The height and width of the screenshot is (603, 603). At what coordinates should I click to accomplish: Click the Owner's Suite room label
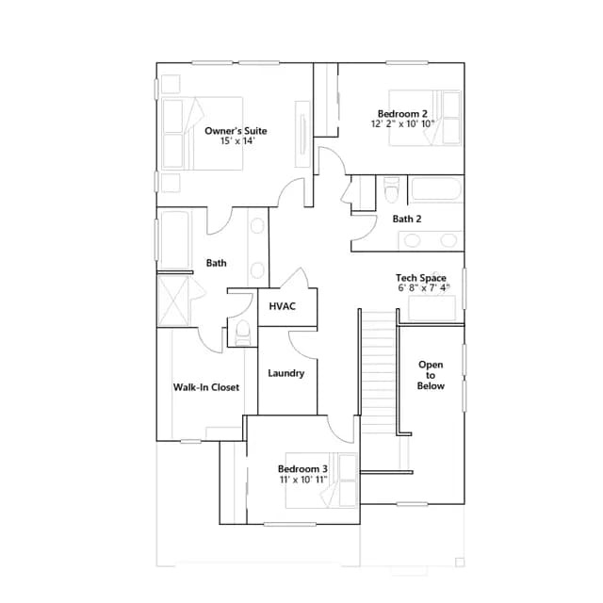pyautogui.click(x=236, y=131)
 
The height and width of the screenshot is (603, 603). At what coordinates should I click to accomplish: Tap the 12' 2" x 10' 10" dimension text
pyautogui.click(x=402, y=123)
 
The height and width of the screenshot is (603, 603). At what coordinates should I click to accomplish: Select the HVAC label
pyautogui.click(x=283, y=306)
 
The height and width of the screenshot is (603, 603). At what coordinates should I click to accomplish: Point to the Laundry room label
pyautogui.click(x=286, y=373)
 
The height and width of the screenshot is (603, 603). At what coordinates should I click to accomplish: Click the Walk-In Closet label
pyautogui.click(x=206, y=387)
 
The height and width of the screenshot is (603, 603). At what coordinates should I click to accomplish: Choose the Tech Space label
pyautogui.click(x=421, y=278)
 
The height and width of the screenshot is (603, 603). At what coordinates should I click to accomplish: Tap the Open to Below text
pyautogui.click(x=431, y=375)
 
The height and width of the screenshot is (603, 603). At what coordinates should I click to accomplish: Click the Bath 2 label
pyautogui.click(x=407, y=219)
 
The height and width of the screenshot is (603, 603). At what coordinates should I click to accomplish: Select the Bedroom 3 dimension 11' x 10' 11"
pyautogui.click(x=303, y=480)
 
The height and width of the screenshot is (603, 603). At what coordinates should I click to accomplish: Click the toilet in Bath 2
pyautogui.click(x=392, y=189)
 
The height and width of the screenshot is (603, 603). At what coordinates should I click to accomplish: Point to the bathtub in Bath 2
pyautogui.click(x=435, y=189)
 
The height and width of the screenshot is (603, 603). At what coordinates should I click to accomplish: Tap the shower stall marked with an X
pyautogui.click(x=173, y=301)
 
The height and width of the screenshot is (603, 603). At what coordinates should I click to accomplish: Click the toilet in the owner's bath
pyautogui.click(x=242, y=333)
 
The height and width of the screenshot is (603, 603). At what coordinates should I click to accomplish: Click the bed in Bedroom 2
pyautogui.click(x=425, y=118)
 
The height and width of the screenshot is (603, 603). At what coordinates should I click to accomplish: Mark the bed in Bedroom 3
pyautogui.click(x=321, y=481)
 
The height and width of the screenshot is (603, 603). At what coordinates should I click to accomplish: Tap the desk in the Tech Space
pyautogui.click(x=432, y=308)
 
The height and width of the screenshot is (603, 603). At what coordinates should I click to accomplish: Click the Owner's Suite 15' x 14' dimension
pyautogui.click(x=238, y=140)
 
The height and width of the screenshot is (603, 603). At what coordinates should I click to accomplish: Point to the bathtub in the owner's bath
pyautogui.click(x=175, y=239)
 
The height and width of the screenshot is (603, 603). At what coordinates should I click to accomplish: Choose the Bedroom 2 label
pyautogui.click(x=402, y=114)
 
